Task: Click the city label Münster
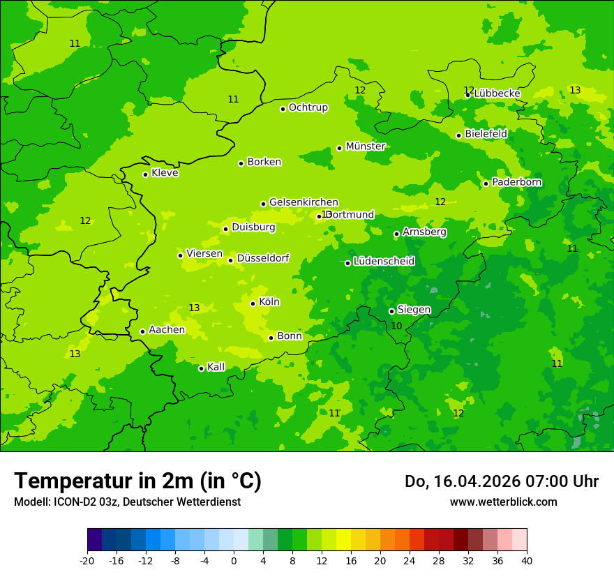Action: (366, 146)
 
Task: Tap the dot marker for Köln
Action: (253, 303)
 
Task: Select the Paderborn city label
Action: (516, 182)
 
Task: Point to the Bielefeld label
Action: (486, 133)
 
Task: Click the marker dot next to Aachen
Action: (142, 331)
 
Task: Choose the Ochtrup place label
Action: (308, 107)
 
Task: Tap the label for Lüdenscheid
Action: (384, 262)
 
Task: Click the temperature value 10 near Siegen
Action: (396, 326)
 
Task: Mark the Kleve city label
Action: (165, 173)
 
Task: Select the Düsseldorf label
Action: (262, 258)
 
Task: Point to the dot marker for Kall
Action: (201, 368)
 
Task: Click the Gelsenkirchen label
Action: (304, 202)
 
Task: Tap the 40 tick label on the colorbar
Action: (526, 560)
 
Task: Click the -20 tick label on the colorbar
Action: (87, 560)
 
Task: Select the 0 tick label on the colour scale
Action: (234, 560)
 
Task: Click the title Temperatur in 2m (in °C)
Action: (137, 481)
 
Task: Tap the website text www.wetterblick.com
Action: (503, 502)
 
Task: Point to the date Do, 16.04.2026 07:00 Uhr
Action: (501, 481)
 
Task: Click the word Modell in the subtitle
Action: (31, 502)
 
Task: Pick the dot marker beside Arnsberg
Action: (396, 234)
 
